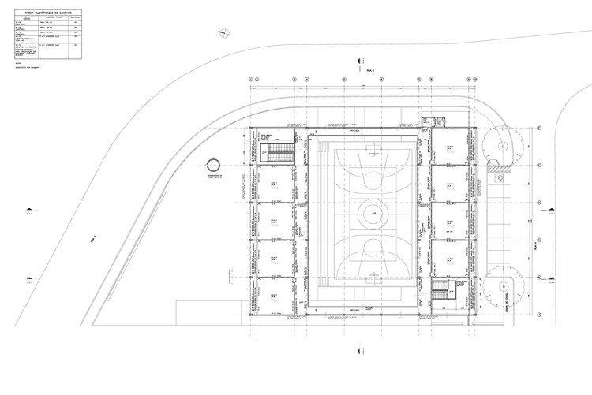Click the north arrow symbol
coord(223,29)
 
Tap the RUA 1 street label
coord(366,71)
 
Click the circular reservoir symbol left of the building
coord(212,165)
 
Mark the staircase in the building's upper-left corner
coord(277,152)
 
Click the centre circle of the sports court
coord(367,213)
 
